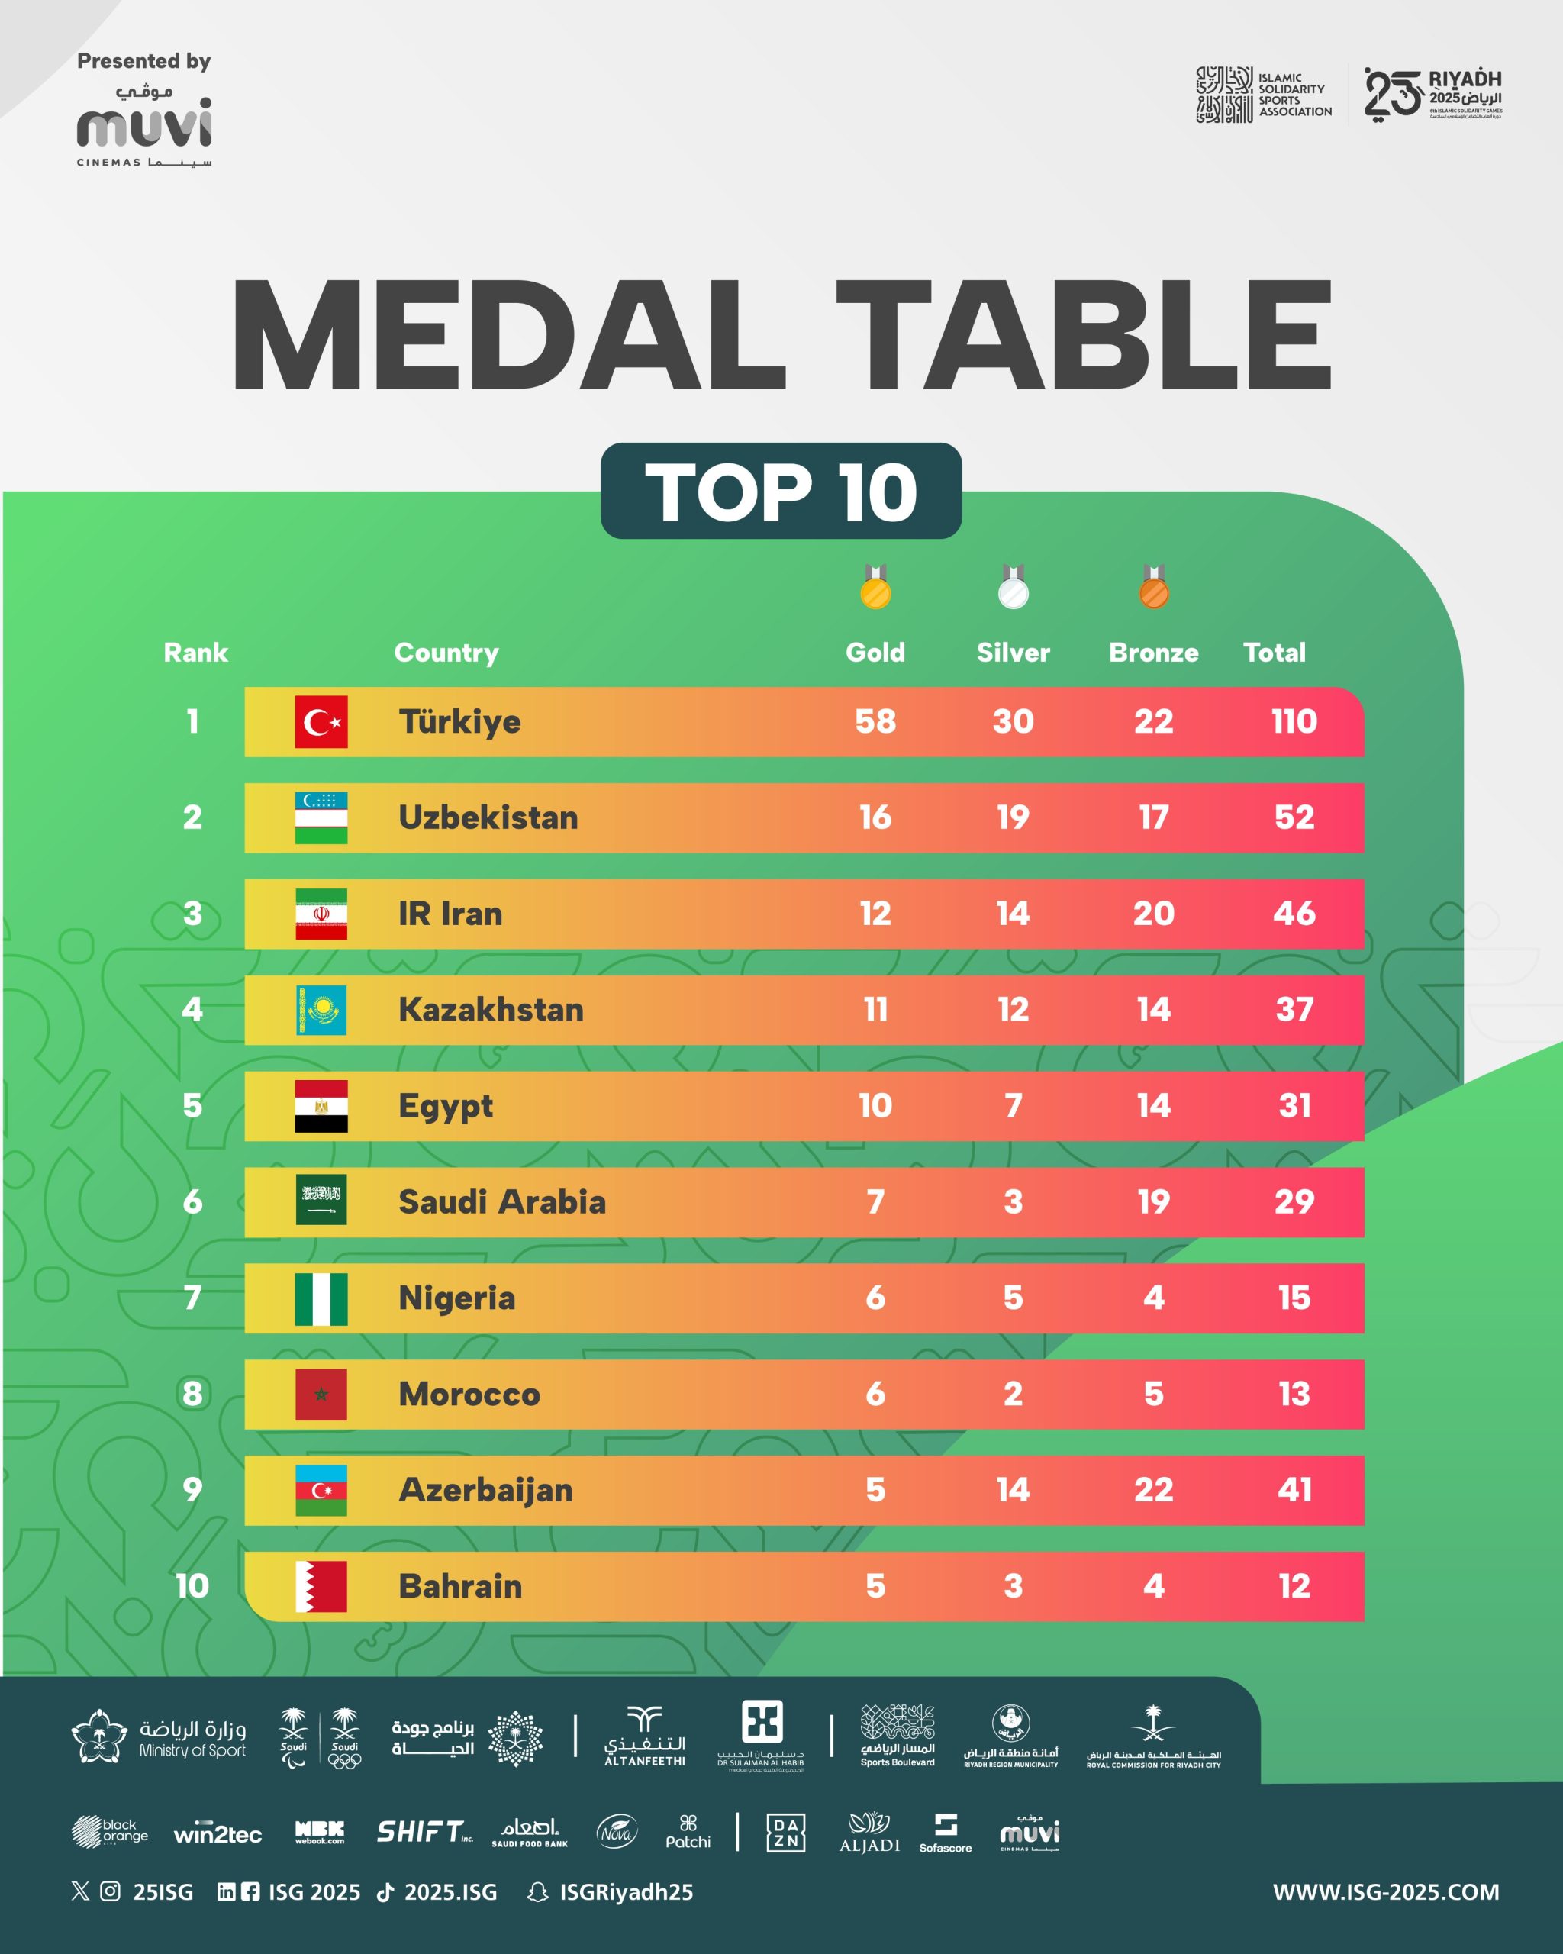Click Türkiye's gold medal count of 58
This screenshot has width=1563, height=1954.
tap(875, 721)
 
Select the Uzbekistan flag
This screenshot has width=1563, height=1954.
tap(321, 817)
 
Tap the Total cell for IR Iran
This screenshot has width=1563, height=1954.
tap(1294, 914)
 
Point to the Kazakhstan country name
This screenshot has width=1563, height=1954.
tap(491, 1010)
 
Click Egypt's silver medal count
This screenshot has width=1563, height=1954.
tap(1013, 1106)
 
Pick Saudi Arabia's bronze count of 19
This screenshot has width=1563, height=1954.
tap(1153, 1201)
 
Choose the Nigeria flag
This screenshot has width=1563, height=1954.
tap(321, 1298)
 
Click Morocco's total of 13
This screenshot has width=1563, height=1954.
tap(1294, 1394)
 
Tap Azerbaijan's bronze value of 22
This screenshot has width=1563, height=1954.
tap(1153, 1490)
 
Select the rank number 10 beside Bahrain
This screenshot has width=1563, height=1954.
tap(192, 1586)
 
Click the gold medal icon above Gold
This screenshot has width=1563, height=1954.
tap(875, 587)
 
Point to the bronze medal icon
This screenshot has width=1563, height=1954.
tap(1153, 587)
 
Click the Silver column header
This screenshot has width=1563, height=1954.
tap(1013, 653)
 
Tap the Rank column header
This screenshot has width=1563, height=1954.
tap(195, 653)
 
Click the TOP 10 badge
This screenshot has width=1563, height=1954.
tap(781, 492)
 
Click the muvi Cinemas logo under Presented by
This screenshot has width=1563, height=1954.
tap(144, 129)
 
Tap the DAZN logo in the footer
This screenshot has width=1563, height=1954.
tap(785, 1832)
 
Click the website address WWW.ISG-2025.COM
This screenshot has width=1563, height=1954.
tap(1385, 1892)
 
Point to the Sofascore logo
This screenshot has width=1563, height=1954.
tap(945, 1833)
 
